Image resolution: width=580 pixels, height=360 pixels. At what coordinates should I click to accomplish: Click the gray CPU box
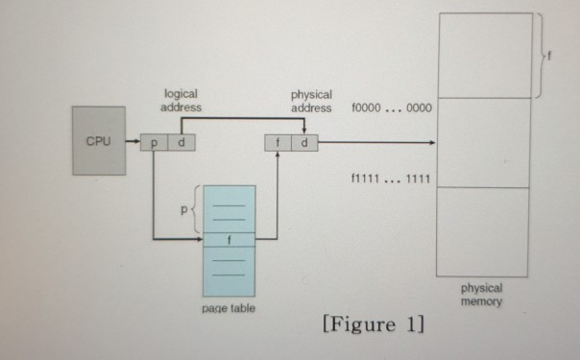99,140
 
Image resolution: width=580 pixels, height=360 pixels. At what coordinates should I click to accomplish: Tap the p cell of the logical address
153,143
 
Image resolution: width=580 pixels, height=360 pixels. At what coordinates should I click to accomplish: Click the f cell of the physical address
277,143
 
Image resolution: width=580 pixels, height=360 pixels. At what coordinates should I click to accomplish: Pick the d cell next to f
304,143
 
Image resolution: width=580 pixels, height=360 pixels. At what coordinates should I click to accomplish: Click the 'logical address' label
181,101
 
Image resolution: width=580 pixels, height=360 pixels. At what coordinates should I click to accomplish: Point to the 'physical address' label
310,101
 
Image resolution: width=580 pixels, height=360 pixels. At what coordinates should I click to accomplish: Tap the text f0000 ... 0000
393,108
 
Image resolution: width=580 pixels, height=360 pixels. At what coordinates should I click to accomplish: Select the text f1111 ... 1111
393,179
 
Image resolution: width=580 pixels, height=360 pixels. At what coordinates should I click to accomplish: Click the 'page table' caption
229,308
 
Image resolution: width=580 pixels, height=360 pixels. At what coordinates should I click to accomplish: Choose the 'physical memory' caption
482,294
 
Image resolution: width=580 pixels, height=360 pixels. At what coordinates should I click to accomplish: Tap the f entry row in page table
230,239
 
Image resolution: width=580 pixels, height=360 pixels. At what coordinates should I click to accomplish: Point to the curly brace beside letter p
197,211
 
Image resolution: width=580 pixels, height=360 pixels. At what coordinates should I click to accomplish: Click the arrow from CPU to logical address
133,143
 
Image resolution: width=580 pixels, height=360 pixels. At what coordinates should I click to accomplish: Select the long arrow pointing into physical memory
375,143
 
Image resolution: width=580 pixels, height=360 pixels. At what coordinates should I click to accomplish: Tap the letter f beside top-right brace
550,58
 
